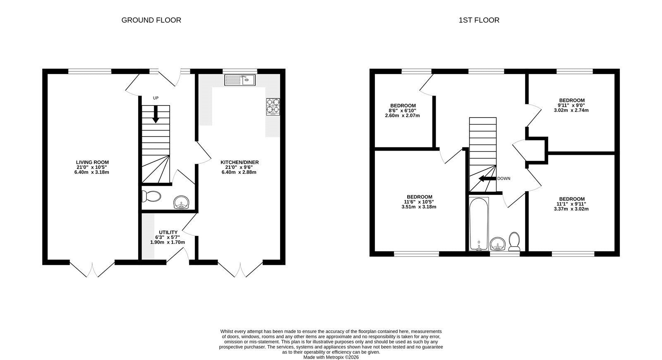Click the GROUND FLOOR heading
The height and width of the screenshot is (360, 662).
point(151,20)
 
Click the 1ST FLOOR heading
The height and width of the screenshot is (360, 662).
point(479,20)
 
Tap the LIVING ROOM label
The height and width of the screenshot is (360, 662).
point(92,162)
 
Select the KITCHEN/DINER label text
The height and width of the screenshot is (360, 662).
point(239,162)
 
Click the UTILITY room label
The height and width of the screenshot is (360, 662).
point(168,232)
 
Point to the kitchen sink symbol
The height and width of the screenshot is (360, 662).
point(240,80)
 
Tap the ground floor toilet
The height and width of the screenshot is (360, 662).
point(151,196)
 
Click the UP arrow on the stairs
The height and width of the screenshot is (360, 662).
point(156,114)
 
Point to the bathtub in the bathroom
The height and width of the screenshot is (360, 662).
point(479,223)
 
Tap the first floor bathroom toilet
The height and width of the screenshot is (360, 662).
point(514,241)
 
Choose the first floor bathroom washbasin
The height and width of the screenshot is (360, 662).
point(497,244)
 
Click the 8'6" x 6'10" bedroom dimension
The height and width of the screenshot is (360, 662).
point(402,110)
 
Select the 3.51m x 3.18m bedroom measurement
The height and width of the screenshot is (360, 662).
point(419,207)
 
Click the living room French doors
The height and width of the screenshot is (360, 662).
point(92,269)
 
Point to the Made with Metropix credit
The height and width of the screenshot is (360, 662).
point(331,357)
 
